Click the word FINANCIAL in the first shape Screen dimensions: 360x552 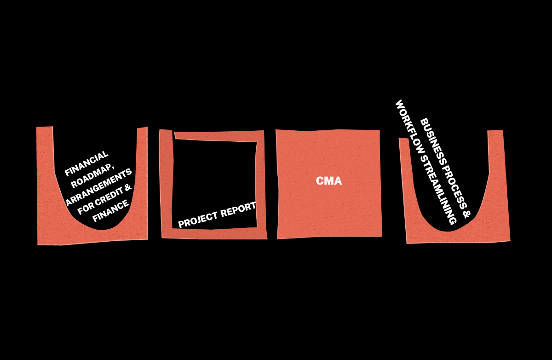point(87,163)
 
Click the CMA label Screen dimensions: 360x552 point(329,181)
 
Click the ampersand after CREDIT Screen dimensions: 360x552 point(128,187)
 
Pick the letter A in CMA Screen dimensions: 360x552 point(338,181)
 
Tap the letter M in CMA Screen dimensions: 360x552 point(329,181)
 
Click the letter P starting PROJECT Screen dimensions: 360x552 point(181,225)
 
